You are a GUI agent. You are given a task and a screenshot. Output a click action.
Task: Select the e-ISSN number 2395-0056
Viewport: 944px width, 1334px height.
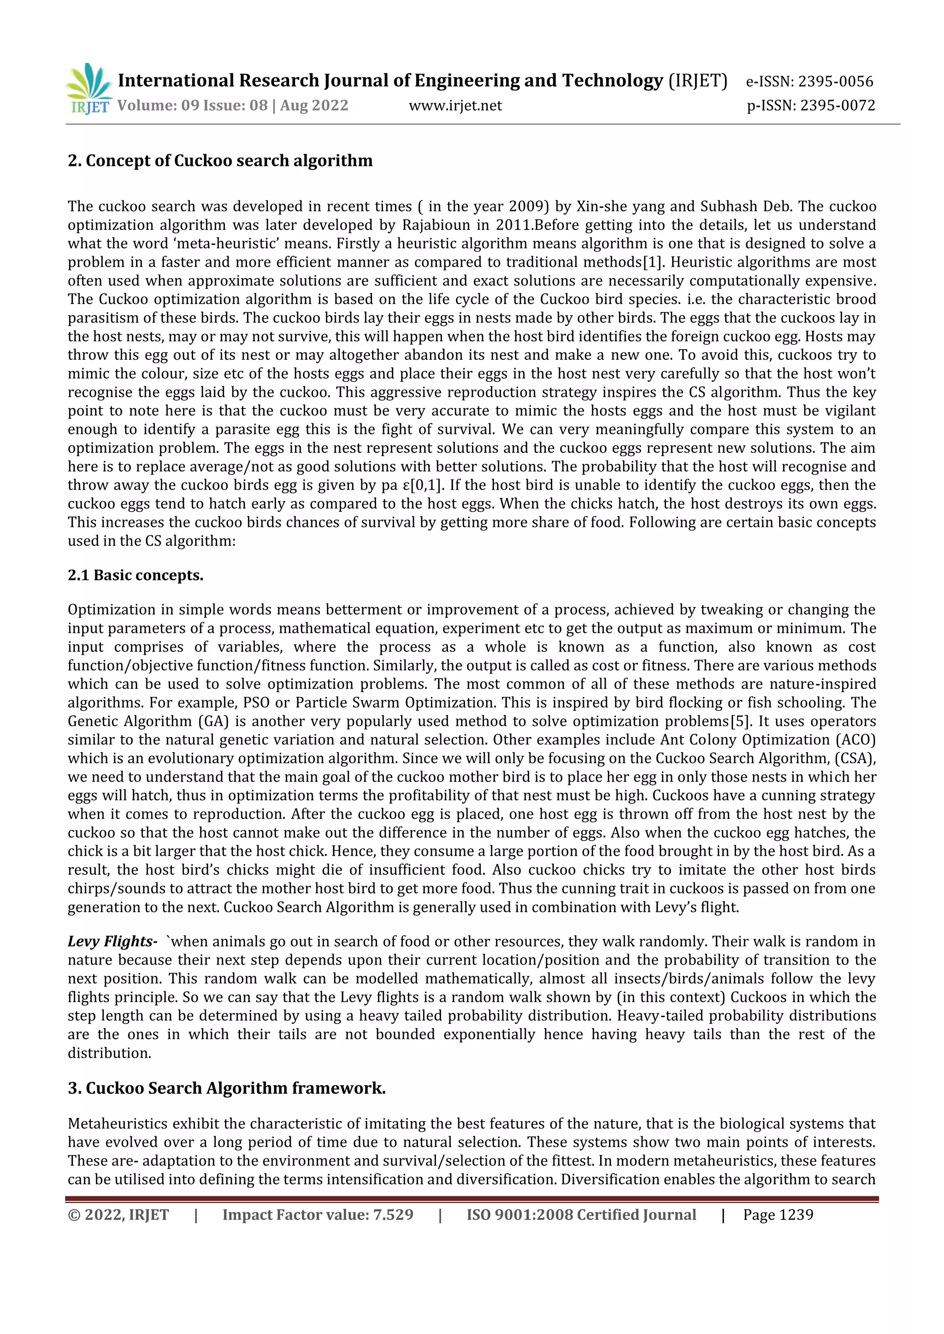[x=835, y=82]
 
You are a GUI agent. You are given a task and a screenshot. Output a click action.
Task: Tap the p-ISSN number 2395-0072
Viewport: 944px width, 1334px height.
[x=837, y=106]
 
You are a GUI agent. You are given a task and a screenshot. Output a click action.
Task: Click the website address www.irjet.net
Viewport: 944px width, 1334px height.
[x=455, y=106]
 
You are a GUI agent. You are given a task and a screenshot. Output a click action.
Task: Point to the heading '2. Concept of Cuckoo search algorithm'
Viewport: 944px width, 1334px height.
[x=220, y=160]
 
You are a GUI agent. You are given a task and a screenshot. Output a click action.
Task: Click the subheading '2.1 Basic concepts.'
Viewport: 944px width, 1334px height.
[x=136, y=575]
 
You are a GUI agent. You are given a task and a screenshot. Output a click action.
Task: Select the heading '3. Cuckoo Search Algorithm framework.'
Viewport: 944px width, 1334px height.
[x=227, y=1088]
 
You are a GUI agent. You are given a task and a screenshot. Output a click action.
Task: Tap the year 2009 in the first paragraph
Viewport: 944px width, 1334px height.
[x=526, y=207]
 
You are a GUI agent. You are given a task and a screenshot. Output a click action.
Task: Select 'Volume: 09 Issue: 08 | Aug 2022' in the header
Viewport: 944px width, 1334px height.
[x=232, y=106]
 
